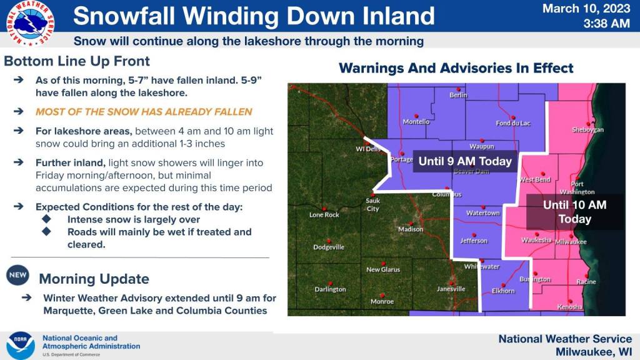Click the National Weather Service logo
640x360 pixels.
[x=30, y=23]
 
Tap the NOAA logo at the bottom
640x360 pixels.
[x=21, y=345]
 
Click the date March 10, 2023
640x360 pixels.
[x=586, y=9]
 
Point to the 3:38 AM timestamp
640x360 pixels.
[x=606, y=24]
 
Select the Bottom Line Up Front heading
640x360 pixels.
[x=77, y=61]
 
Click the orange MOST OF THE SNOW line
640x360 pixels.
[x=144, y=112]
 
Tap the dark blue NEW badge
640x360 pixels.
[x=17, y=275]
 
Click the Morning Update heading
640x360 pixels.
[x=94, y=279]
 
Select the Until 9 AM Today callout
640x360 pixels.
[x=465, y=161]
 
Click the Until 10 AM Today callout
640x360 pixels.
[x=575, y=212]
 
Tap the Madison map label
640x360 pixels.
[x=411, y=229]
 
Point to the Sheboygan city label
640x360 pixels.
[x=587, y=130]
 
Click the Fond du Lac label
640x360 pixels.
[x=513, y=123]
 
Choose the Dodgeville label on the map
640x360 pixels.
[x=329, y=247]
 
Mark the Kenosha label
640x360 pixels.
[x=570, y=307]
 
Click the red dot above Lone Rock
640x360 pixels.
[x=324, y=209]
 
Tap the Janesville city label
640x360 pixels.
[x=451, y=289]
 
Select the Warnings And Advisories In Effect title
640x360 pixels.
[x=456, y=68]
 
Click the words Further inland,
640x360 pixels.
[x=70, y=163]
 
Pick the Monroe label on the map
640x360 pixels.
[x=382, y=302]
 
